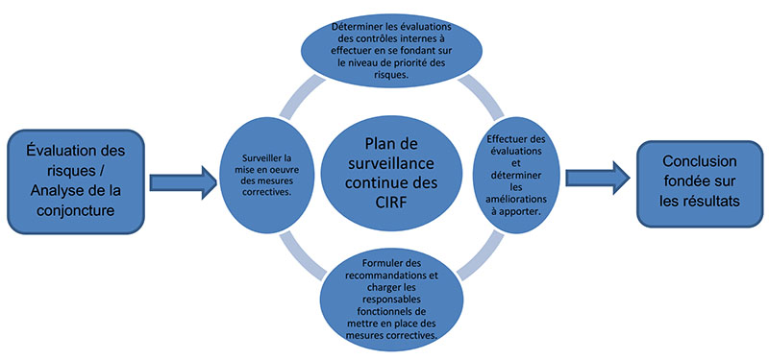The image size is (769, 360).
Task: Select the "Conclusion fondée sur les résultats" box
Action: tap(699, 179)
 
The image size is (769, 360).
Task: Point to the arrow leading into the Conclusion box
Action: tap(597, 179)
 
